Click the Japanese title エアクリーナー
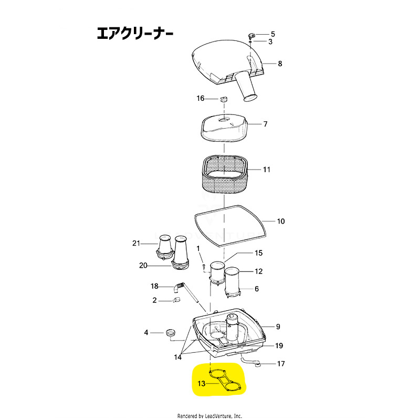point(134,34)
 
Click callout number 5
point(272,34)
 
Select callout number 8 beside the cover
point(280,64)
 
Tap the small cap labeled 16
point(223,99)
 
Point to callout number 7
point(266,124)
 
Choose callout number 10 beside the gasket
point(281,221)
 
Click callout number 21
point(136,243)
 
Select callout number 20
point(143,266)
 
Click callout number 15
point(258,253)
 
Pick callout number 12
point(258,271)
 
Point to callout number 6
point(257,289)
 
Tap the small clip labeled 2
point(177,300)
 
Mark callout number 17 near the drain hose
point(281,363)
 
